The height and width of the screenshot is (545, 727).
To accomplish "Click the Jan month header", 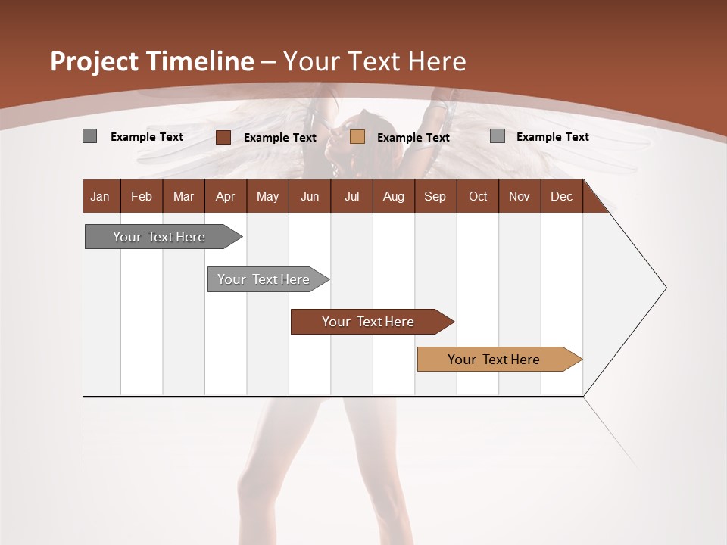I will pyautogui.click(x=100, y=197).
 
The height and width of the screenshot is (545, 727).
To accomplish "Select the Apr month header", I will pyautogui.click(x=225, y=197).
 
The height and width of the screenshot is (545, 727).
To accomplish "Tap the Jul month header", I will pyautogui.click(x=351, y=197).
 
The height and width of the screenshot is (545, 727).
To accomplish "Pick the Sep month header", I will pyautogui.click(x=435, y=197).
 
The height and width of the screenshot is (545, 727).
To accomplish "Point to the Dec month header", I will pyautogui.click(x=561, y=197).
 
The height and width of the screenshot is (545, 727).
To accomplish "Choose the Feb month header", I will pyautogui.click(x=142, y=197).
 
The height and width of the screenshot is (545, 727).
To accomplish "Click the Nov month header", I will pyautogui.click(x=519, y=197).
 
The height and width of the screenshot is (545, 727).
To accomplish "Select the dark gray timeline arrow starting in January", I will pyautogui.click(x=159, y=237).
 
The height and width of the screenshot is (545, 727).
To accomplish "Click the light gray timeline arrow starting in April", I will pyautogui.click(x=264, y=279).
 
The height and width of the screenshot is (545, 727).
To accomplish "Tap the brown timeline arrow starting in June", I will pyautogui.click(x=368, y=322).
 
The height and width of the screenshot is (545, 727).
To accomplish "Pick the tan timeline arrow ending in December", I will pyautogui.click(x=494, y=360).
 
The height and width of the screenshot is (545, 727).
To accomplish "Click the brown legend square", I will pyautogui.click(x=223, y=137).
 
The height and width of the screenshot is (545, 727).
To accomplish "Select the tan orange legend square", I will pyautogui.click(x=357, y=137).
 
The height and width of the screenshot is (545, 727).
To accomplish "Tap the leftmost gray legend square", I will pyautogui.click(x=89, y=136).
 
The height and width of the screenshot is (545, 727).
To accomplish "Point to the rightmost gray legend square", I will pyautogui.click(x=498, y=136).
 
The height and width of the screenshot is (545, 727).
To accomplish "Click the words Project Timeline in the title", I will pyautogui.click(x=151, y=61).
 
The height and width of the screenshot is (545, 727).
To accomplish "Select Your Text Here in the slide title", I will pyautogui.click(x=374, y=61).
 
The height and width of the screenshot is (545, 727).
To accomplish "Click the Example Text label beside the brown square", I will pyautogui.click(x=279, y=138).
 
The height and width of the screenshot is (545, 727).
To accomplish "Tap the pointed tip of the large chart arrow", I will pyautogui.click(x=664, y=288).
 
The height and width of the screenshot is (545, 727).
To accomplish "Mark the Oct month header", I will pyautogui.click(x=478, y=197).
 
